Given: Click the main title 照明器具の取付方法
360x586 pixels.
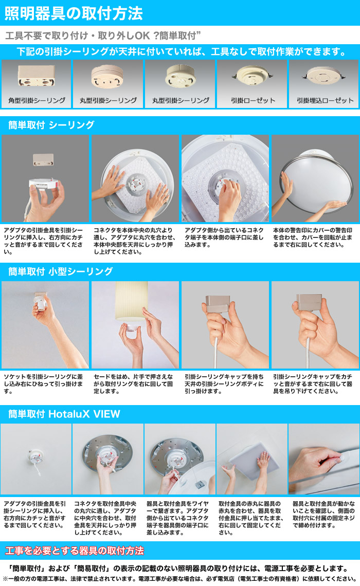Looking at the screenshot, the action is click(x=74, y=13).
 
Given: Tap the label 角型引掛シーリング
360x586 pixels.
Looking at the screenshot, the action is click(x=37, y=100).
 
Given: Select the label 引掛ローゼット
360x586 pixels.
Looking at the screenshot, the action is click(x=253, y=100).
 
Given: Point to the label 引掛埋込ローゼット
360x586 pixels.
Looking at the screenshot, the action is click(x=325, y=100).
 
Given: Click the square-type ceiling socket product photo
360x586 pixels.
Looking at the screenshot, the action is click(x=37, y=76).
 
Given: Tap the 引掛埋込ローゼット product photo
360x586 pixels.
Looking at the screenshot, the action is click(x=323, y=77).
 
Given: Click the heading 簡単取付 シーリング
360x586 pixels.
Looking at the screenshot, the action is click(x=51, y=125).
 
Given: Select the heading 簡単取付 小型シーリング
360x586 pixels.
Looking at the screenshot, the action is click(x=60, y=271).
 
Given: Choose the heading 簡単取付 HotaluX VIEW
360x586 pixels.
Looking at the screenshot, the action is click(x=64, y=414).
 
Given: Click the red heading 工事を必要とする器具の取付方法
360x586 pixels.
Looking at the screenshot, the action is click(x=75, y=551).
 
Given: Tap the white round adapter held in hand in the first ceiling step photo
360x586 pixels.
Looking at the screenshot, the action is click(x=43, y=185).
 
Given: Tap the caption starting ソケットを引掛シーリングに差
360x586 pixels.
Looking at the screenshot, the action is click(x=43, y=384).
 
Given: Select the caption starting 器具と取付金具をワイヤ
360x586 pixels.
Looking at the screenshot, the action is click(x=177, y=518).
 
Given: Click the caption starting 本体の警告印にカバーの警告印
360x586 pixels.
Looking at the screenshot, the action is click(x=313, y=237).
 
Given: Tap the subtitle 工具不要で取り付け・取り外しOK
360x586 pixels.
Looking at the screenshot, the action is click(x=103, y=35).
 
